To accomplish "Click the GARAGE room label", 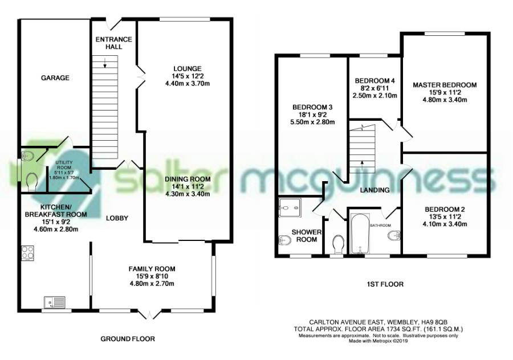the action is click(55, 78).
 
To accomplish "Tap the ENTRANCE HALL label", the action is click(114, 43).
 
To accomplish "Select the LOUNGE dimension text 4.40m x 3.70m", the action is click(188, 83).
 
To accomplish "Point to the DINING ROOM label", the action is click(188, 179).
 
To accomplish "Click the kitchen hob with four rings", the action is click(27, 253).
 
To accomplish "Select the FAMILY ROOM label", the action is click(152, 269).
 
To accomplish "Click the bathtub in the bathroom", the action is click(360, 234).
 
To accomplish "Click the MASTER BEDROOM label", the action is click(445, 85).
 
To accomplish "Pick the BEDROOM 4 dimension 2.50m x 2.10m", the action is click(375, 96).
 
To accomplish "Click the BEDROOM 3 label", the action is click(312, 107).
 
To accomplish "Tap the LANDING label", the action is click(375, 190).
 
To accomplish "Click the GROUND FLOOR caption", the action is click(128, 339).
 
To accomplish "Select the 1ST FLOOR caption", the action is click(385, 284).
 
